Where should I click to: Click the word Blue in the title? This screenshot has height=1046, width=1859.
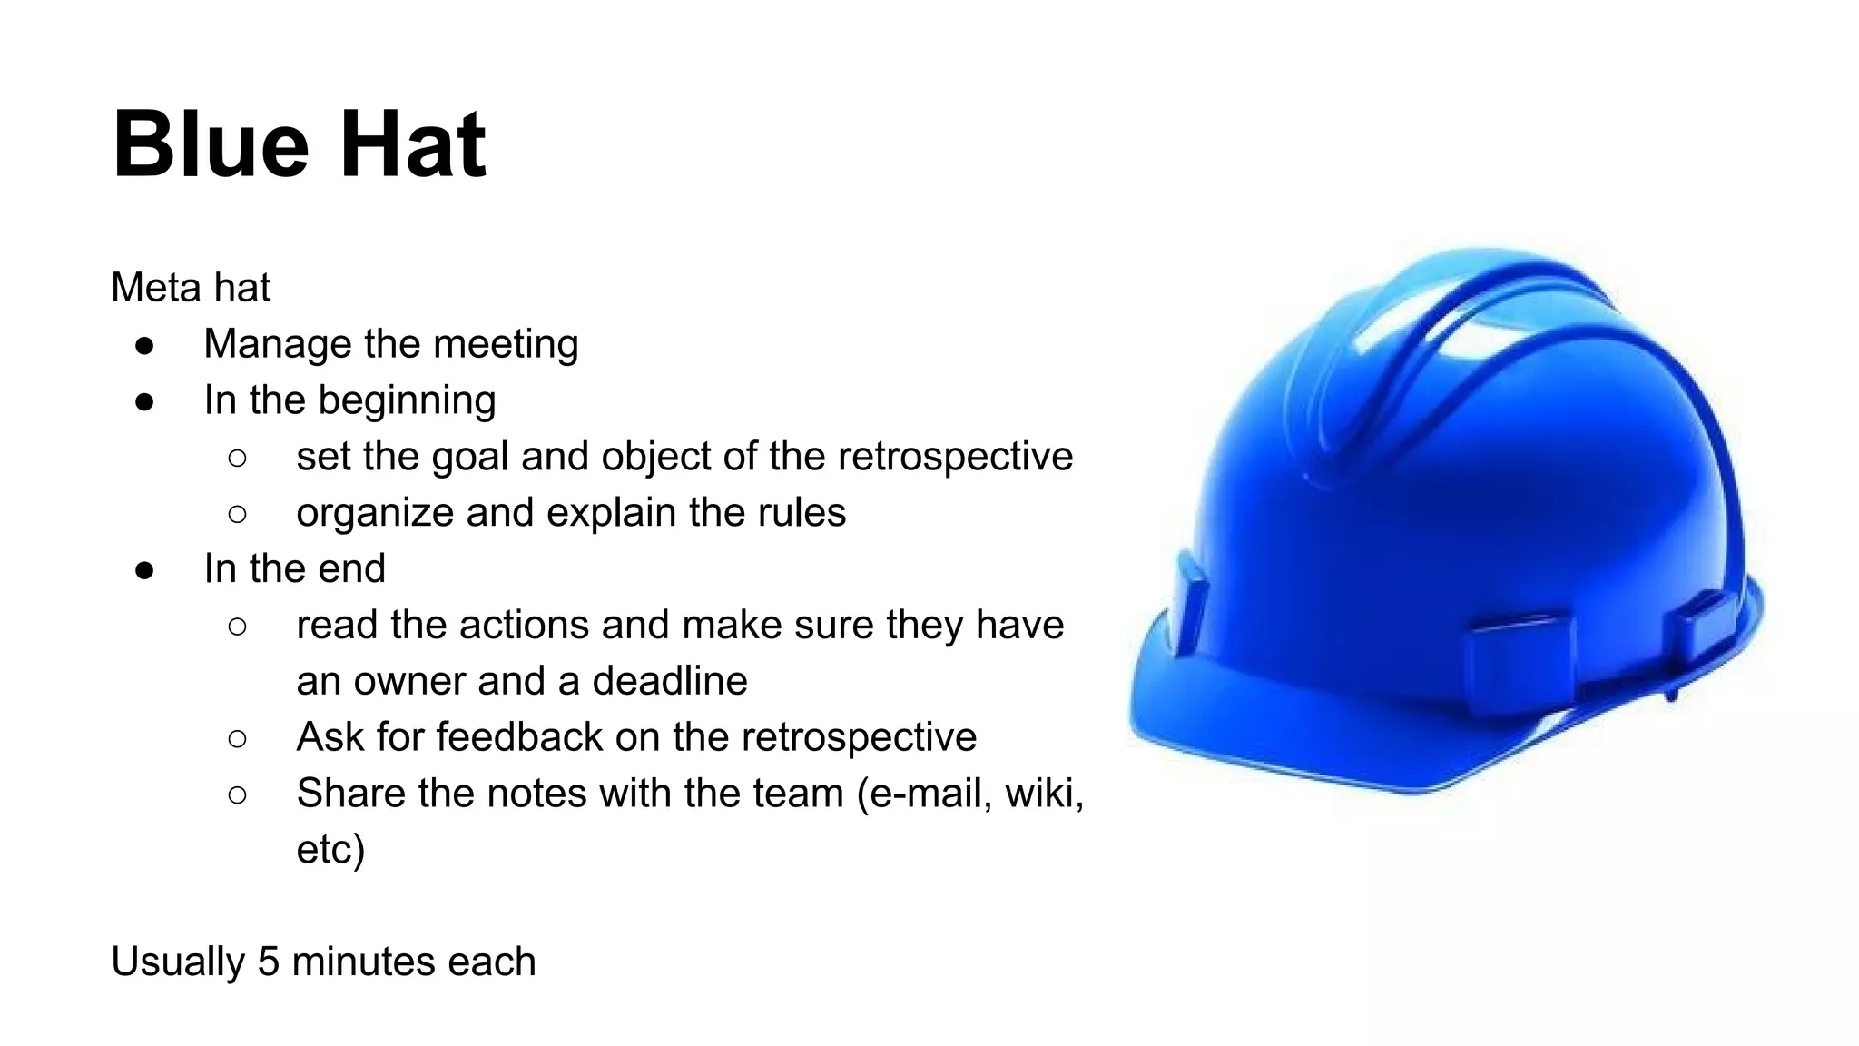tap(211, 145)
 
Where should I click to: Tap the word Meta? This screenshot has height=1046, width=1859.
tap(150, 288)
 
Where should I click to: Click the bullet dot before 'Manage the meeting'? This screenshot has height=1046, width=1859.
tap(144, 345)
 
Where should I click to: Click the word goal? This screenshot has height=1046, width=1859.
tap(469, 458)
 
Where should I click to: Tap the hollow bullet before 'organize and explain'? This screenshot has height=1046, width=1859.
tap(238, 514)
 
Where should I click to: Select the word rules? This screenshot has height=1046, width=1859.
tap(802, 513)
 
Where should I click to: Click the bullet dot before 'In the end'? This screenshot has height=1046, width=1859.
tap(144, 570)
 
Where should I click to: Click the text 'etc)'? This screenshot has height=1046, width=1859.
tap(330, 850)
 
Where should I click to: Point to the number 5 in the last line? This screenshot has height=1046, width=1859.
tap(268, 962)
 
